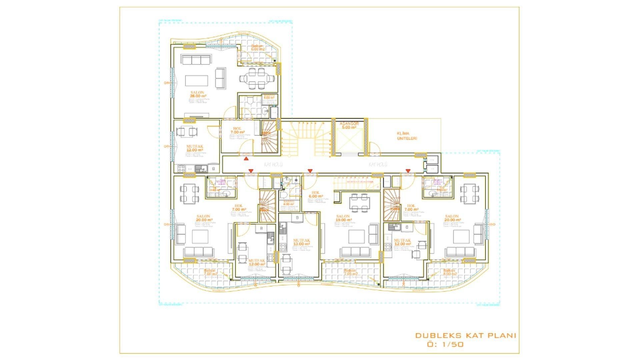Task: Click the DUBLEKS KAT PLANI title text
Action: (465, 335)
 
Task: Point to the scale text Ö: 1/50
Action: (445, 345)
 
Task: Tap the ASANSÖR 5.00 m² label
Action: (349, 125)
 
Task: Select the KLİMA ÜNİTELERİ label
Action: (407, 136)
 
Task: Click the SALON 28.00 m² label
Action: (197, 94)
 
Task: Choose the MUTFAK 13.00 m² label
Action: (301, 242)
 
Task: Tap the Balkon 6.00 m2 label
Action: (257, 48)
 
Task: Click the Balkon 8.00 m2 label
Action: (449, 272)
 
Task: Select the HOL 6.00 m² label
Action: (315, 195)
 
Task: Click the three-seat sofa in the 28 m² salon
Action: (195, 60)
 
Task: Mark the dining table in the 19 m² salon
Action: (359, 202)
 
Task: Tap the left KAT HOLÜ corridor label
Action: (273, 165)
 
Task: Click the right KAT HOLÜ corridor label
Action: (378, 165)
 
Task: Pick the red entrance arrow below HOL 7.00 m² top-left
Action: (246, 159)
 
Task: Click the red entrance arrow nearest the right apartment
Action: (408, 171)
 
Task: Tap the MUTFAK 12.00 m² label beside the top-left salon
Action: (195, 148)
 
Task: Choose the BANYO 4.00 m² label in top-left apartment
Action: (269, 97)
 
